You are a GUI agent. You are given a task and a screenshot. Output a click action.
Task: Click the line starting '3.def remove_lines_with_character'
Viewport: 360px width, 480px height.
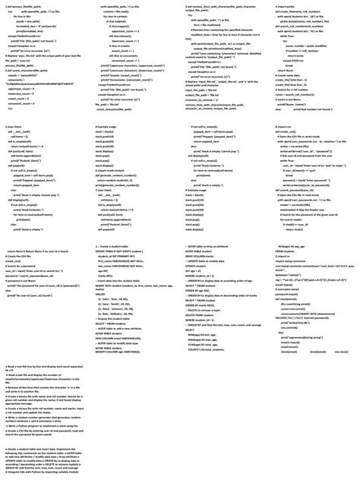pos(219,6)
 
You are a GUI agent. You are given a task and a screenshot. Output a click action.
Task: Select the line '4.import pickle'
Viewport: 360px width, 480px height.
pos(285,6)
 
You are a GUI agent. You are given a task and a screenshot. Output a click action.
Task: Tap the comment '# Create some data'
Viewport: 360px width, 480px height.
pos(287,75)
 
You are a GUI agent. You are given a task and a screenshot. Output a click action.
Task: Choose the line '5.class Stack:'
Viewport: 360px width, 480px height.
pos(13,126)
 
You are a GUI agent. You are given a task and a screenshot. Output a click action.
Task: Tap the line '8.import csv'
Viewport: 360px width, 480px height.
pos(283,126)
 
